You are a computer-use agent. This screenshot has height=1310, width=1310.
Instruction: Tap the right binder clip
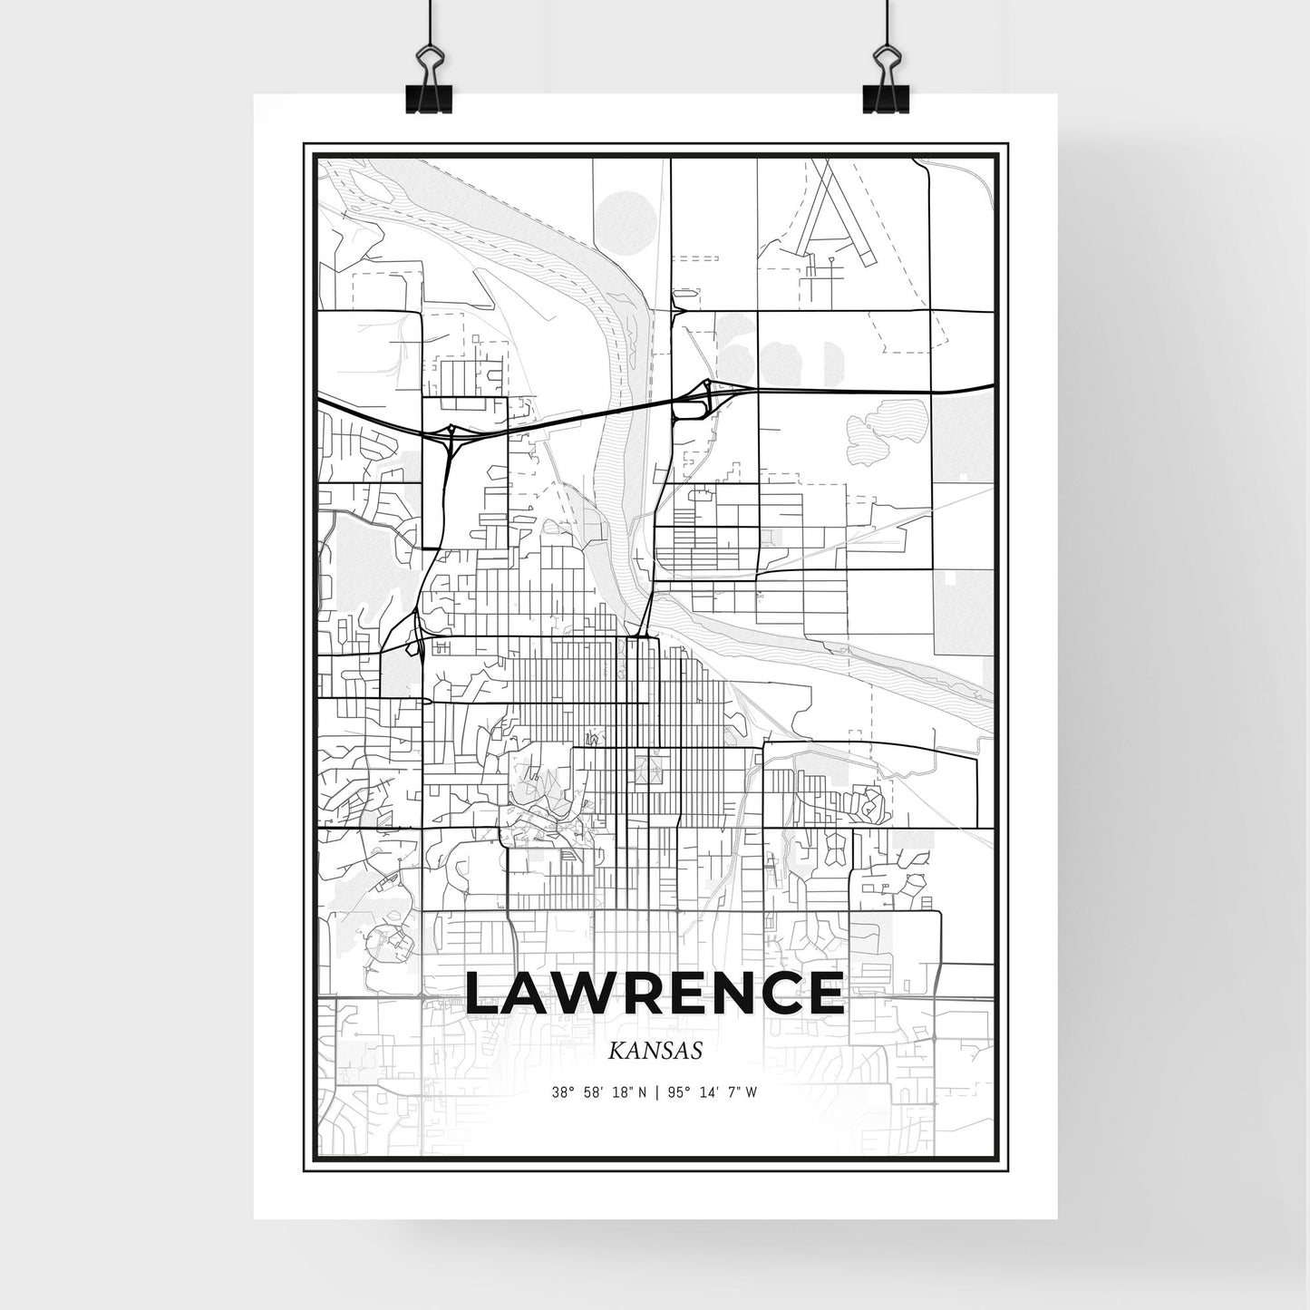pyautogui.click(x=883, y=86)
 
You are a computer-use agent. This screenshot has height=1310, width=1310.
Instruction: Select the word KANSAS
pyautogui.click(x=655, y=1052)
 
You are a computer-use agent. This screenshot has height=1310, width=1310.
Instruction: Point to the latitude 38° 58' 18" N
pyautogui.click(x=598, y=1092)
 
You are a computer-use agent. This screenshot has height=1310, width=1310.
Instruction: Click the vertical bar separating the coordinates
pyautogui.click(x=655, y=1092)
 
